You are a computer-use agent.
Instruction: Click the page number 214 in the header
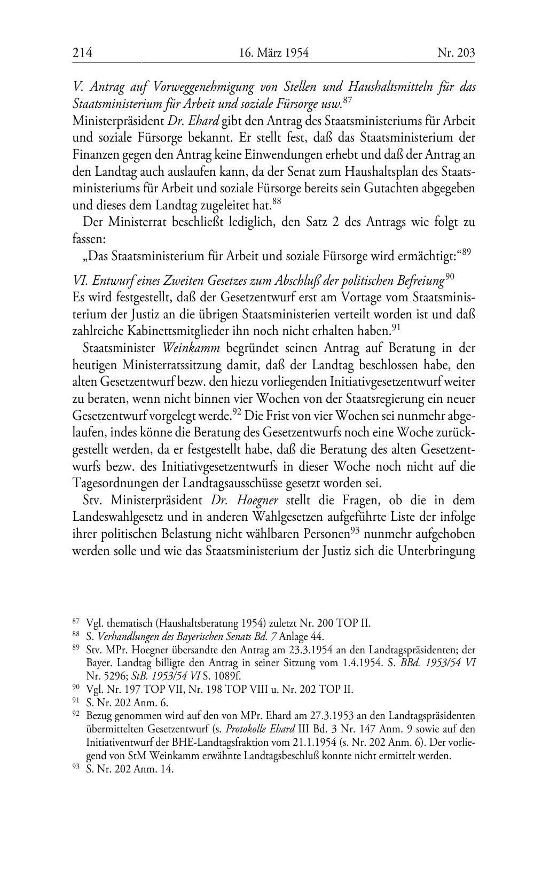click(82, 52)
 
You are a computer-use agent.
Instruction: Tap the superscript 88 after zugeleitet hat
click(277, 201)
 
